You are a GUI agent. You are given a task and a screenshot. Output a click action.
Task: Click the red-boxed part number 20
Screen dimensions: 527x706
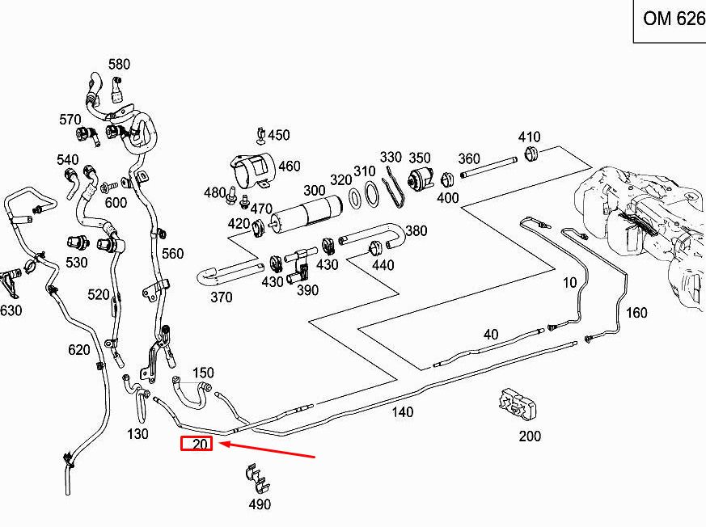[197, 443]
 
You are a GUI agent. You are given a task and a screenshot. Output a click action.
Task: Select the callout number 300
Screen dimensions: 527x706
[314, 190]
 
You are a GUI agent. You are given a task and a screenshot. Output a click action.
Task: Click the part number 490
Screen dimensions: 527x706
[259, 504]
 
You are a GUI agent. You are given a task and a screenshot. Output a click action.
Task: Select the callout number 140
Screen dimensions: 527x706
[402, 412]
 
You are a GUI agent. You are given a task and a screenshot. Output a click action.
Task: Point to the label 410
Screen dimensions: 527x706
[529, 137]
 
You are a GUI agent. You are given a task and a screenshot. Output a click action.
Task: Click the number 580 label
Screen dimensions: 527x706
[119, 64]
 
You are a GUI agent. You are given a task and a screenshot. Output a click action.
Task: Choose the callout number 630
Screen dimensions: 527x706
[11, 310]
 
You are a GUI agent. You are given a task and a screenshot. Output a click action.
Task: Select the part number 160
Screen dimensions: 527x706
[636, 313]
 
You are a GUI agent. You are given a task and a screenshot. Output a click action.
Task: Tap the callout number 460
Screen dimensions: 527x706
[289, 167]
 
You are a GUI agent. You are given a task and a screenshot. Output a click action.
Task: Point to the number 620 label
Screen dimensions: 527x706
[78, 349]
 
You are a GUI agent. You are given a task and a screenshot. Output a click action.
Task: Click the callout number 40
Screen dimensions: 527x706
[491, 334]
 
